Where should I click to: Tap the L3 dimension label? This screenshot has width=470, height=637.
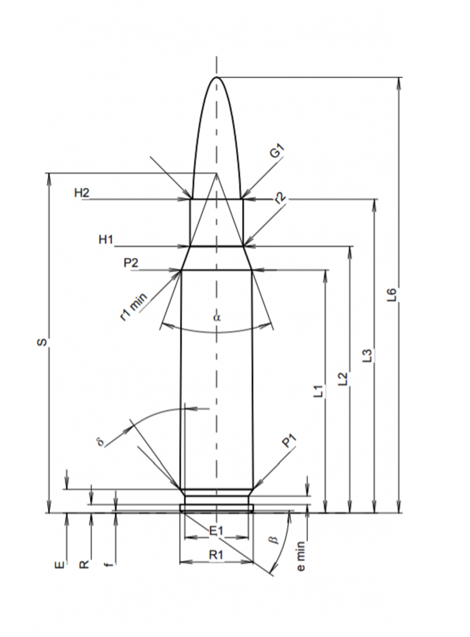click(367, 356)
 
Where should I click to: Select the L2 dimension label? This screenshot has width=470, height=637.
click(343, 379)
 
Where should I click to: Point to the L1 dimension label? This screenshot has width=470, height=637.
click(318, 391)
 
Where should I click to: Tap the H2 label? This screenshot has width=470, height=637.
click(82, 193)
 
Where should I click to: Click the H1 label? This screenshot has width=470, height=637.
click(106, 240)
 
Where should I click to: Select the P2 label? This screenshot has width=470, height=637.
click(131, 264)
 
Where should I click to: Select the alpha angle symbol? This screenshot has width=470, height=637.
click(216, 317)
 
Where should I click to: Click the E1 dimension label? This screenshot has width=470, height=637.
click(216, 530)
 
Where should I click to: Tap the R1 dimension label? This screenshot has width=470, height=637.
click(216, 554)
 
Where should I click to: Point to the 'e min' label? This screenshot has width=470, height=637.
click(302, 557)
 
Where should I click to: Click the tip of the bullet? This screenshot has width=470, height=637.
click(216, 77)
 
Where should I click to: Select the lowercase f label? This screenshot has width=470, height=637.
click(110, 564)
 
